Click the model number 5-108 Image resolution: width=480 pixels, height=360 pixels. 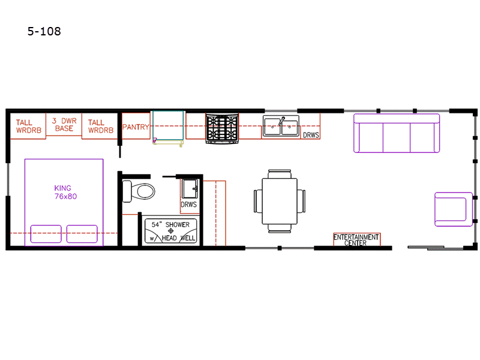coord(44,31)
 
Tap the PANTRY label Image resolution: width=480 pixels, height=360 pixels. coord(136,127)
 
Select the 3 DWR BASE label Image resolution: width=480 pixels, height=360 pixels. coord(64,125)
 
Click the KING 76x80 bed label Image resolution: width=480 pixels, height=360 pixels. coord(65,192)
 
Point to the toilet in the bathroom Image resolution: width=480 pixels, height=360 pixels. coord(139,191)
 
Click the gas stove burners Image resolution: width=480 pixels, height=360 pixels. coord(222,128)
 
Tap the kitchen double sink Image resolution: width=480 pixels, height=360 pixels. coord(281,126)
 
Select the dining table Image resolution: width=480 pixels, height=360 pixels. coord(280,201)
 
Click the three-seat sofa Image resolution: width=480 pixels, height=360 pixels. coord(397,133)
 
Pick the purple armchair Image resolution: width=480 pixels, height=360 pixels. coord(454,209)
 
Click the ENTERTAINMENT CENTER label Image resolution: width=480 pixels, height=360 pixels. coord(356,239)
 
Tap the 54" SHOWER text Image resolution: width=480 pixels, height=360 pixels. coord(170,224)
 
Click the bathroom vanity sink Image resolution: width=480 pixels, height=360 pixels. coord(190,189)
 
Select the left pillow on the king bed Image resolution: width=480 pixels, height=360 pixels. coord(46,234)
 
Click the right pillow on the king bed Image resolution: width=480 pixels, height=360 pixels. coord(82,234)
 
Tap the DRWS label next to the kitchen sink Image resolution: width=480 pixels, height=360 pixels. coord(311,135)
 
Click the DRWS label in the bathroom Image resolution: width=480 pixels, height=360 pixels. coord(188,205)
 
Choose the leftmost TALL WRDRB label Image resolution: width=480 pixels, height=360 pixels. coord(28,127)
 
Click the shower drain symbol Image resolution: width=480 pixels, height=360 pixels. coord(171,231)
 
